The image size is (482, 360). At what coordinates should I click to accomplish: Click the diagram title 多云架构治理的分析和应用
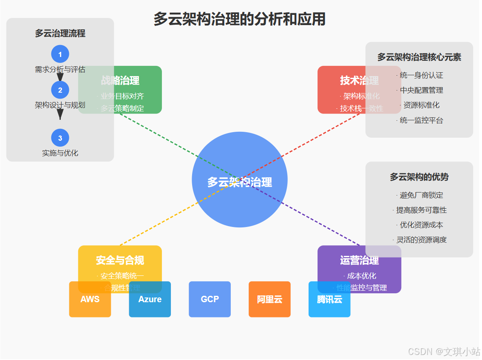point(239,20)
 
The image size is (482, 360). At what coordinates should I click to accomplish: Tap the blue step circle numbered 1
point(60,54)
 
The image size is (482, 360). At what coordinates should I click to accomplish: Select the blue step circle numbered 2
point(60,90)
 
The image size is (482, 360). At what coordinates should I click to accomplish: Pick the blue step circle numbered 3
point(60,138)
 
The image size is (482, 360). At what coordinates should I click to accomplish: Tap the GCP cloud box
point(210,299)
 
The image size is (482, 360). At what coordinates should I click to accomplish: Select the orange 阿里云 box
point(269,299)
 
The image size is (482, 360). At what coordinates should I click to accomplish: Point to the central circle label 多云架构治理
point(239,182)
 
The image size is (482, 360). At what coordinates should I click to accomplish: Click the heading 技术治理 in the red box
point(359,80)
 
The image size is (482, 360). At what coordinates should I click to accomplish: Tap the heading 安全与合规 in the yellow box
point(120,260)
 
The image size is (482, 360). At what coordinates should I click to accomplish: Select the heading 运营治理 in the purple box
point(359,260)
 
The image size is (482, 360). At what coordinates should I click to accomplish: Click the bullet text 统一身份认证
point(421,75)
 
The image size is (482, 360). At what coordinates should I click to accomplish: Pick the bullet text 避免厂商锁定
point(421,195)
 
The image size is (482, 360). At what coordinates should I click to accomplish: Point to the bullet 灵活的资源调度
point(421,240)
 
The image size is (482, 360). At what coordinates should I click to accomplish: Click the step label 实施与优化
point(60,153)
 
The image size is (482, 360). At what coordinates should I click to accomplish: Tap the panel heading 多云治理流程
point(60,34)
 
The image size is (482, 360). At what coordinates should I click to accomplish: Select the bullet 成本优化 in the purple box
point(361,276)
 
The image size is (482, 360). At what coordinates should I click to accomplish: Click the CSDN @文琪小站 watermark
point(444,351)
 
